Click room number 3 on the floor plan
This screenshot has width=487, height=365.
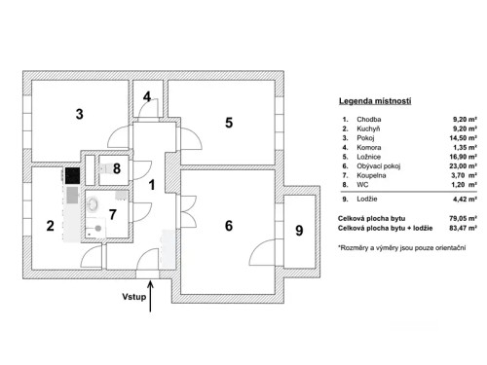[80, 114]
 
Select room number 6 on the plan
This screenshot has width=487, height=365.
[229, 226]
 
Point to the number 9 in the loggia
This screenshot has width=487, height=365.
[299, 231]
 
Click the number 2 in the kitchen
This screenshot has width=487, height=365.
[50, 227]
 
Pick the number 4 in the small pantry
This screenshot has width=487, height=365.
[147, 97]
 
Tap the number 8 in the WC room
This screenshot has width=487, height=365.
[118, 168]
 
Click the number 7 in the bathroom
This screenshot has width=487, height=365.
[113, 213]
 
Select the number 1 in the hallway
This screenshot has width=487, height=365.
[152, 183]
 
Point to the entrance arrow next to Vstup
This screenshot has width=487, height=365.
[152, 298]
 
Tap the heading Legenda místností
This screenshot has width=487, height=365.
[374, 101]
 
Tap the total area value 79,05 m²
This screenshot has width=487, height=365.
[462, 219]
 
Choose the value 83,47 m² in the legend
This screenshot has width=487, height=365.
[462, 229]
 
